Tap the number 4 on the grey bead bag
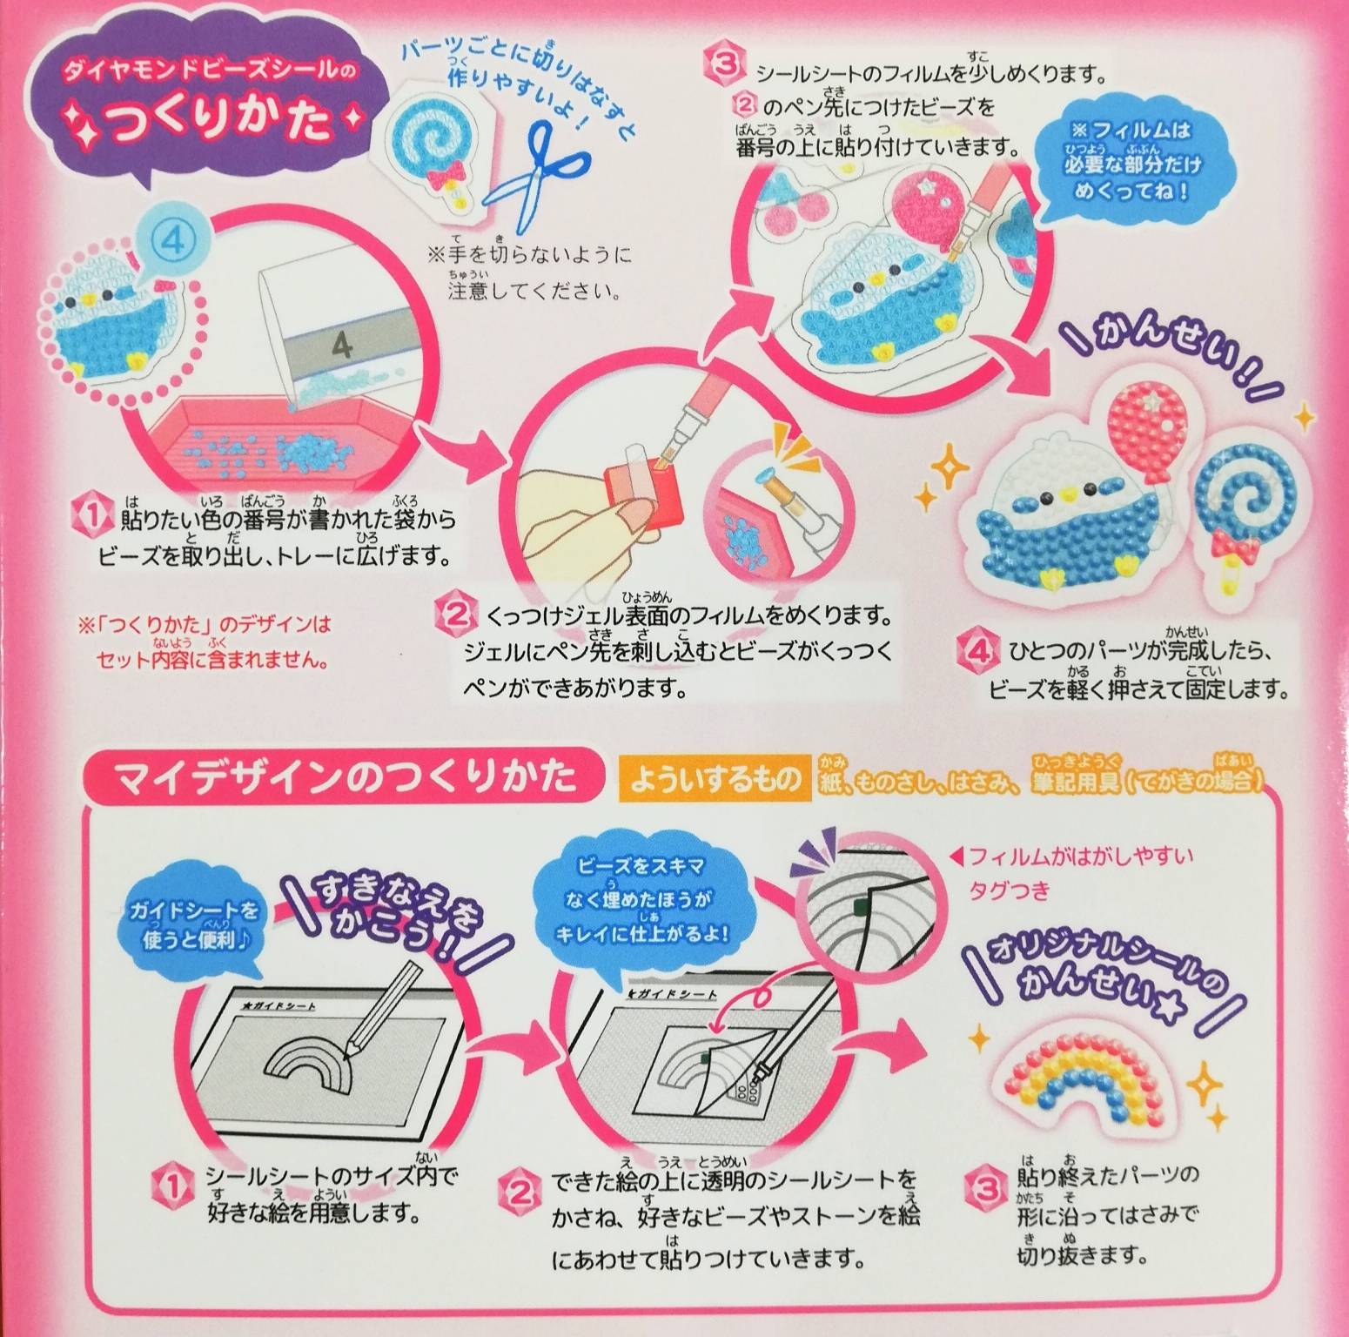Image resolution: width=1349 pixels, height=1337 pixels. [342, 346]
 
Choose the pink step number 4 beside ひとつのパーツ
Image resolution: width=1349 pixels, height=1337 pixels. [974, 649]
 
